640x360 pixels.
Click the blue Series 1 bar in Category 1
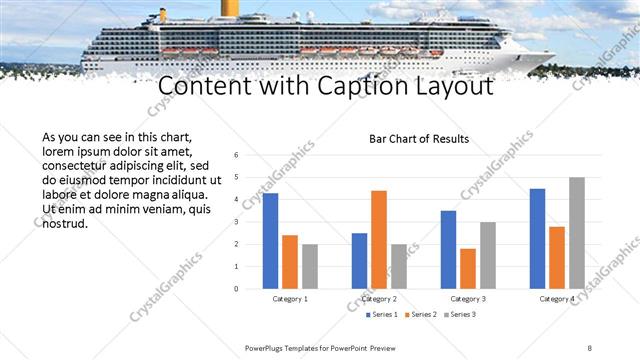(270, 241)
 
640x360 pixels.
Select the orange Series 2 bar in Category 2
(379, 239)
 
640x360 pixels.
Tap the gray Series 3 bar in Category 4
(577, 233)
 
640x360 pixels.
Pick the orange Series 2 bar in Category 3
(468, 268)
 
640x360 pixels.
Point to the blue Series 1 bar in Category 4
(537, 238)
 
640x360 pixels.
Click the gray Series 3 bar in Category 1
(310, 266)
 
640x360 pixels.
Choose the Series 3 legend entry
(459, 315)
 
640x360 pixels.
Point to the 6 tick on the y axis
(235, 155)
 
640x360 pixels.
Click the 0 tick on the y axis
(235, 289)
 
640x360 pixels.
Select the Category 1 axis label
(290, 299)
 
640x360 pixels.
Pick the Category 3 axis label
(468, 299)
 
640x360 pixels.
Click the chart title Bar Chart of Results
(419, 139)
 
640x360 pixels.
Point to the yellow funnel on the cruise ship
(229, 7)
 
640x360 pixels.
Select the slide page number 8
(590, 348)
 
